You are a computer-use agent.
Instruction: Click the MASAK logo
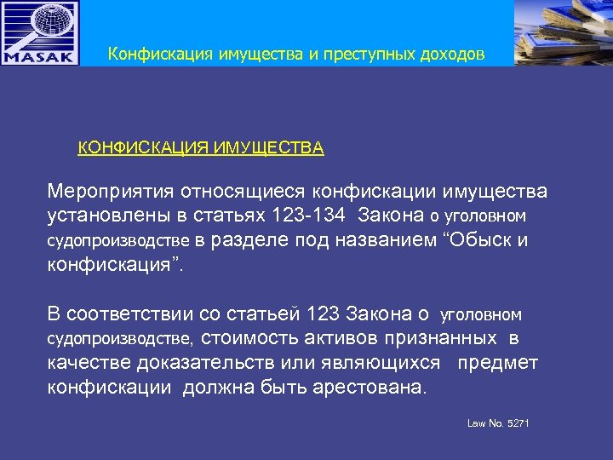click(40, 33)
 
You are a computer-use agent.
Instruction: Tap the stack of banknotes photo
click(563, 33)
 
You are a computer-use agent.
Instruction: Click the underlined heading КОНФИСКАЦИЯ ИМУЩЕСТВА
click(201, 148)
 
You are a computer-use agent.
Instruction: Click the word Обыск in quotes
click(475, 240)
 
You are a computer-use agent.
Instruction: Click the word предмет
click(498, 364)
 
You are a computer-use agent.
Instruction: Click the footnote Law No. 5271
click(499, 423)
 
